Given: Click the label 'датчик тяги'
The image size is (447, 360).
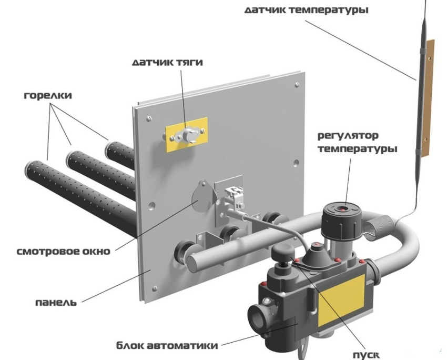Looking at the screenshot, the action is tap(167, 63).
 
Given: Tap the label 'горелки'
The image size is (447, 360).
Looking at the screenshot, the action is tap(48, 95).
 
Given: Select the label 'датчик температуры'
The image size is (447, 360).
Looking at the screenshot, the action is tap(307, 10).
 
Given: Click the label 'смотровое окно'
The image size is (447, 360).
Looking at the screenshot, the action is tap(63, 251).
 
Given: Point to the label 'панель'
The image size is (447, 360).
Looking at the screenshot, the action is tap(56, 302).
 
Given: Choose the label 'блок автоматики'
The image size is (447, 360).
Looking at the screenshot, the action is tap(167, 345).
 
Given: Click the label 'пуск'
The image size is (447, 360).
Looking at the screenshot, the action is tap(367, 355).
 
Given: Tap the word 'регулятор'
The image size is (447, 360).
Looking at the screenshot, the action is tap(348, 136).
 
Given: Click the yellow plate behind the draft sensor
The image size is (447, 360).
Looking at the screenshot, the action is tap(187, 134).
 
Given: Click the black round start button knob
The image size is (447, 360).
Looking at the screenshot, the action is tap(282, 253).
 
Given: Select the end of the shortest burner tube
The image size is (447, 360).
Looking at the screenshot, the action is tap(110, 149).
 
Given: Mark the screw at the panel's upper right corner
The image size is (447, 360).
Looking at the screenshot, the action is tap(297, 85).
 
